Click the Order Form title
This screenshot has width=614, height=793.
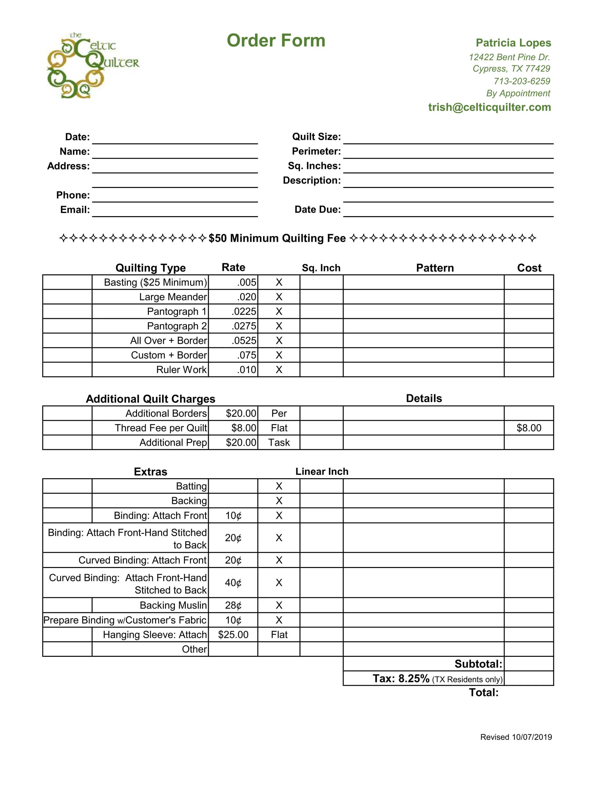276,40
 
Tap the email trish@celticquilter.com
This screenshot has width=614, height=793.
489,107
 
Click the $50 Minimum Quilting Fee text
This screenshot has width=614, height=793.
277,238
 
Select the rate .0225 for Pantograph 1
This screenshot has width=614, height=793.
244,312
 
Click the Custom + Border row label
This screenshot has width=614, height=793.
169,355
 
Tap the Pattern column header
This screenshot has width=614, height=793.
435,268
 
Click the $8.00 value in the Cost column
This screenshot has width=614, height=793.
529,428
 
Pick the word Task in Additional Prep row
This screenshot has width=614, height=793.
279,443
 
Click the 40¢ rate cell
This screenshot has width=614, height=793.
233,583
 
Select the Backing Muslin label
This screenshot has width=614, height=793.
173,605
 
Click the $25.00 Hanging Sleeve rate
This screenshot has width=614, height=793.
233,635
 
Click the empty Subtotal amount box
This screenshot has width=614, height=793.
529,664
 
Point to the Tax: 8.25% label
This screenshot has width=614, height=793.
401,679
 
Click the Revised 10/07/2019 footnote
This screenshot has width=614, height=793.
516,737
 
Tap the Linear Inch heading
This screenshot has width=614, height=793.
322,472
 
